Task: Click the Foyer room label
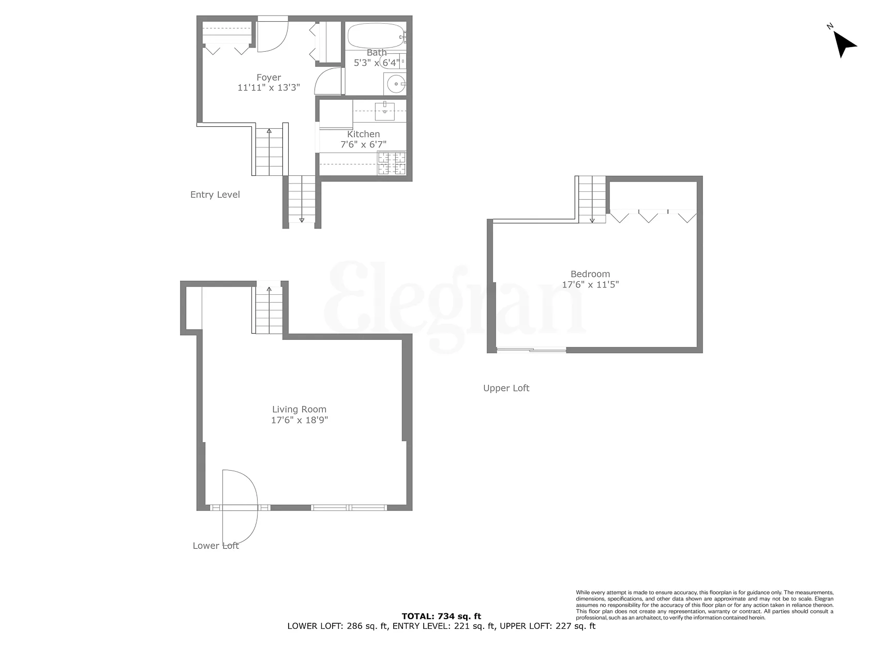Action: click(268, 78)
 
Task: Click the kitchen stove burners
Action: click(392, 163)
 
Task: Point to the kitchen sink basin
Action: click(385, 110)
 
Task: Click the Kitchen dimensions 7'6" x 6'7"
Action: click(363, 145)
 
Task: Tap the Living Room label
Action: click(299, 410)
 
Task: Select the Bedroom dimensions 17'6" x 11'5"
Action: click(590, 284)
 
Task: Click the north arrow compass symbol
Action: click(844, 43)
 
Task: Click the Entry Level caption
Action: click(215, 195)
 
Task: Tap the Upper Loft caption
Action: click(506, 388)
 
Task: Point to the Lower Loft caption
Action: click(216, 546)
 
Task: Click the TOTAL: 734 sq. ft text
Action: click(441, 616)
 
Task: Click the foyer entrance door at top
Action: click(273, 35)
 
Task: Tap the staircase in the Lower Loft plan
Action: click(269, 310)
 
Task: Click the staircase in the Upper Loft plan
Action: click(592, 199)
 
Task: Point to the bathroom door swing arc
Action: click(329, 81)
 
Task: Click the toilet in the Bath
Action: click(392, 63)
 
